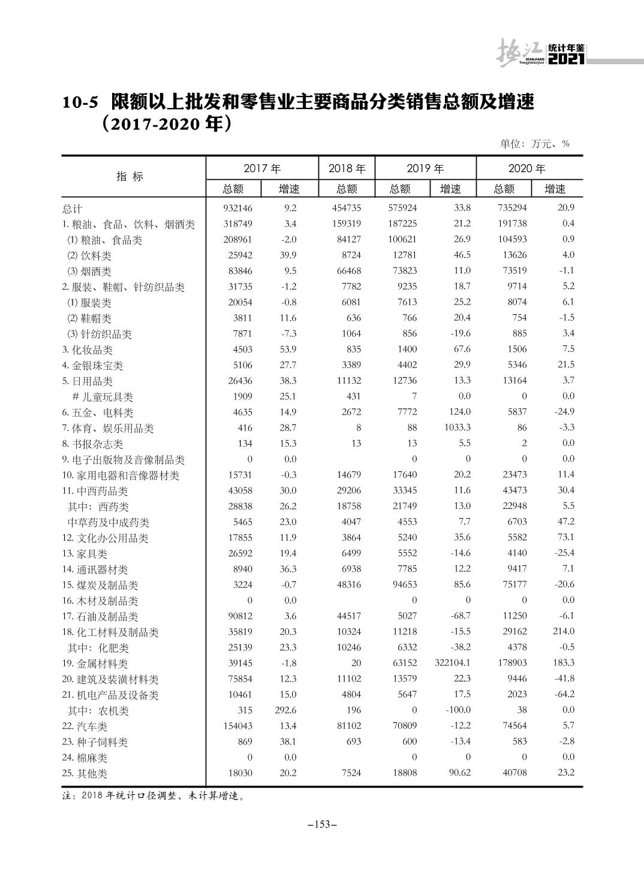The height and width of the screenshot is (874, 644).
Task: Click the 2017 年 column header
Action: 262,168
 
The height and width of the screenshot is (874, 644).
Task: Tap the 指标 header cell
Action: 130,176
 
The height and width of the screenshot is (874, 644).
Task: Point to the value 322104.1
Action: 451,663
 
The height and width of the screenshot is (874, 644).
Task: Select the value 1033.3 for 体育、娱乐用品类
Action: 456,428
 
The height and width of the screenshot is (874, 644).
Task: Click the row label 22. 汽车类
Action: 85,727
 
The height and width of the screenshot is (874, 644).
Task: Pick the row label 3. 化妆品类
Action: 88,350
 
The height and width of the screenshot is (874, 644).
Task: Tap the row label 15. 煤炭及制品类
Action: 100,585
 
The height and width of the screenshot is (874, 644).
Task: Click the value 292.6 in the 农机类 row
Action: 284,710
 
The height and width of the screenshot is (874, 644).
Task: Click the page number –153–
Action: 322,825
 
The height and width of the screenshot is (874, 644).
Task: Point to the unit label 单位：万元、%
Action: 534,144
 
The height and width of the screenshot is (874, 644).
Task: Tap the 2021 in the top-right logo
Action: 566,59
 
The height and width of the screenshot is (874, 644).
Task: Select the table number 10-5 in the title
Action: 79,103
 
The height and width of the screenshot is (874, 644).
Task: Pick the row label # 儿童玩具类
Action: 103,397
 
